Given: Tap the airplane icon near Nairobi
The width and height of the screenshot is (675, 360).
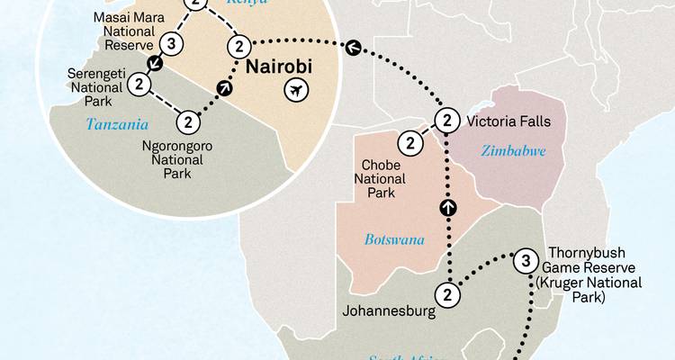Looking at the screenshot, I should click(295, 90).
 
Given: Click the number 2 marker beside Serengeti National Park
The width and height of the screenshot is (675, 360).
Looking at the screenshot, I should click(139, 84).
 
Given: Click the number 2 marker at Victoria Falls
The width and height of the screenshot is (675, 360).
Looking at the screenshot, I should click(446, 120).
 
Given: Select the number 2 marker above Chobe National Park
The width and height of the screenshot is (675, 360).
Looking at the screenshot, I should click(410, 142).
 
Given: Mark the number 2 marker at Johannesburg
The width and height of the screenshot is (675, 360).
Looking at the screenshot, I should click(447, 293).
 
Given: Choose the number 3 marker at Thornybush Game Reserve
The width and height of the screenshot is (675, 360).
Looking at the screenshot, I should click(526, 262).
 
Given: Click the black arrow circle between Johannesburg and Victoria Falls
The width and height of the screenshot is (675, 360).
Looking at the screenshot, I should click(447, 209).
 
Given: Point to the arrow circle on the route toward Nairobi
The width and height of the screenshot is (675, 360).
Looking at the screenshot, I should click(353, 47).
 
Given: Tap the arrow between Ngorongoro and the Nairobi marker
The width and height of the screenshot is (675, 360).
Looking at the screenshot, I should click(224, 87).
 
